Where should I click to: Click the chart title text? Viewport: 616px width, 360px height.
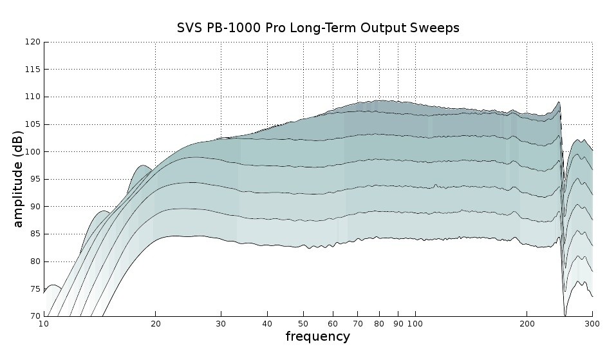tap(318, 28)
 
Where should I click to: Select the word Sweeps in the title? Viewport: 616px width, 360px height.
tap(436, 28)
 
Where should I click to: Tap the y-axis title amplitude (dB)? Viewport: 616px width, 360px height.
tap(18, 178)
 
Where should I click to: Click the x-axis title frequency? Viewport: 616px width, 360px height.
tap(318, 336)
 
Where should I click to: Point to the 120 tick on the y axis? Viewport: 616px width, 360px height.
tap(33, 42)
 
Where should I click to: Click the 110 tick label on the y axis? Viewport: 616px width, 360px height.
tap(33, 97)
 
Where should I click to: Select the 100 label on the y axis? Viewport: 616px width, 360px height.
tap(33, 151)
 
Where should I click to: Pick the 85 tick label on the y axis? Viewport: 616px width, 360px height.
tap(35, 234)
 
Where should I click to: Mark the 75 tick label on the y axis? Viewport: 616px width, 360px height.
tap(35, 289)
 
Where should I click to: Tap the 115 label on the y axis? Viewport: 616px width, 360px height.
tap(33, 70)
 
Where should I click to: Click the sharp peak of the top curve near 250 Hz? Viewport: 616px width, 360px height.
tap(559, 102)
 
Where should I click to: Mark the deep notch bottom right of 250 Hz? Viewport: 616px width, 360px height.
tap(565, 315)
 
